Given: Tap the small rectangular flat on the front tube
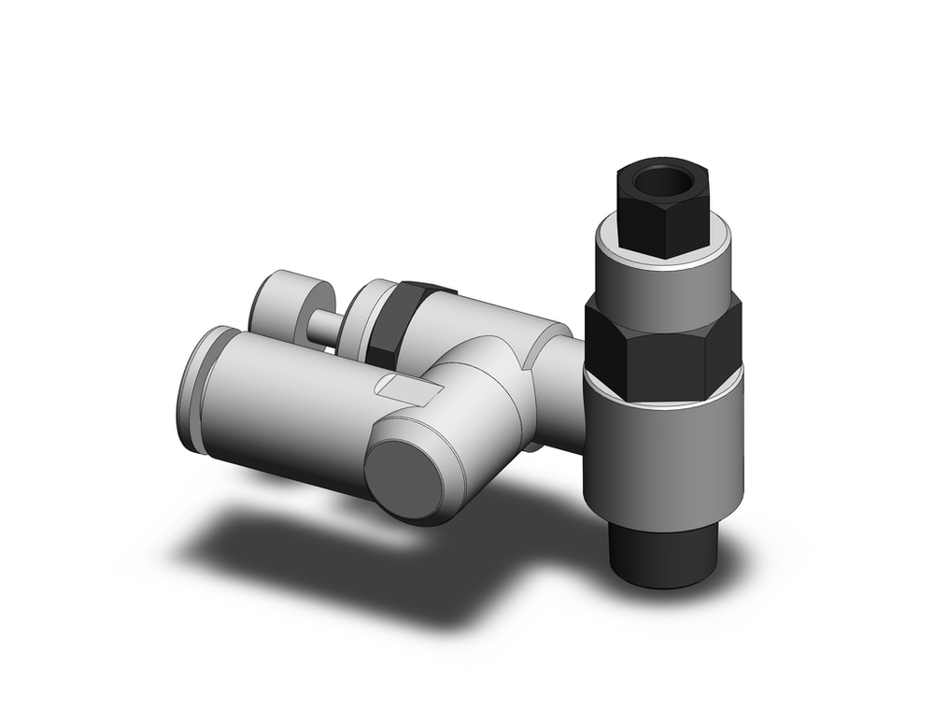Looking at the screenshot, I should (x=399, y=389).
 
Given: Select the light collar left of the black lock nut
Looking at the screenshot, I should (x=361, y=318).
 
